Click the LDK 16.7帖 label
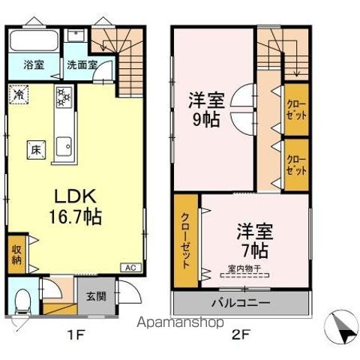tap(75, 205)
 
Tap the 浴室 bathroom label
tap(33, 64)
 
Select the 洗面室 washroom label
tap(81, 64)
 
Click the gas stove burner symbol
tap(62, 95)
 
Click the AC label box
tap(128, 268)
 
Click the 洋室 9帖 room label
tap(204, 109)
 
